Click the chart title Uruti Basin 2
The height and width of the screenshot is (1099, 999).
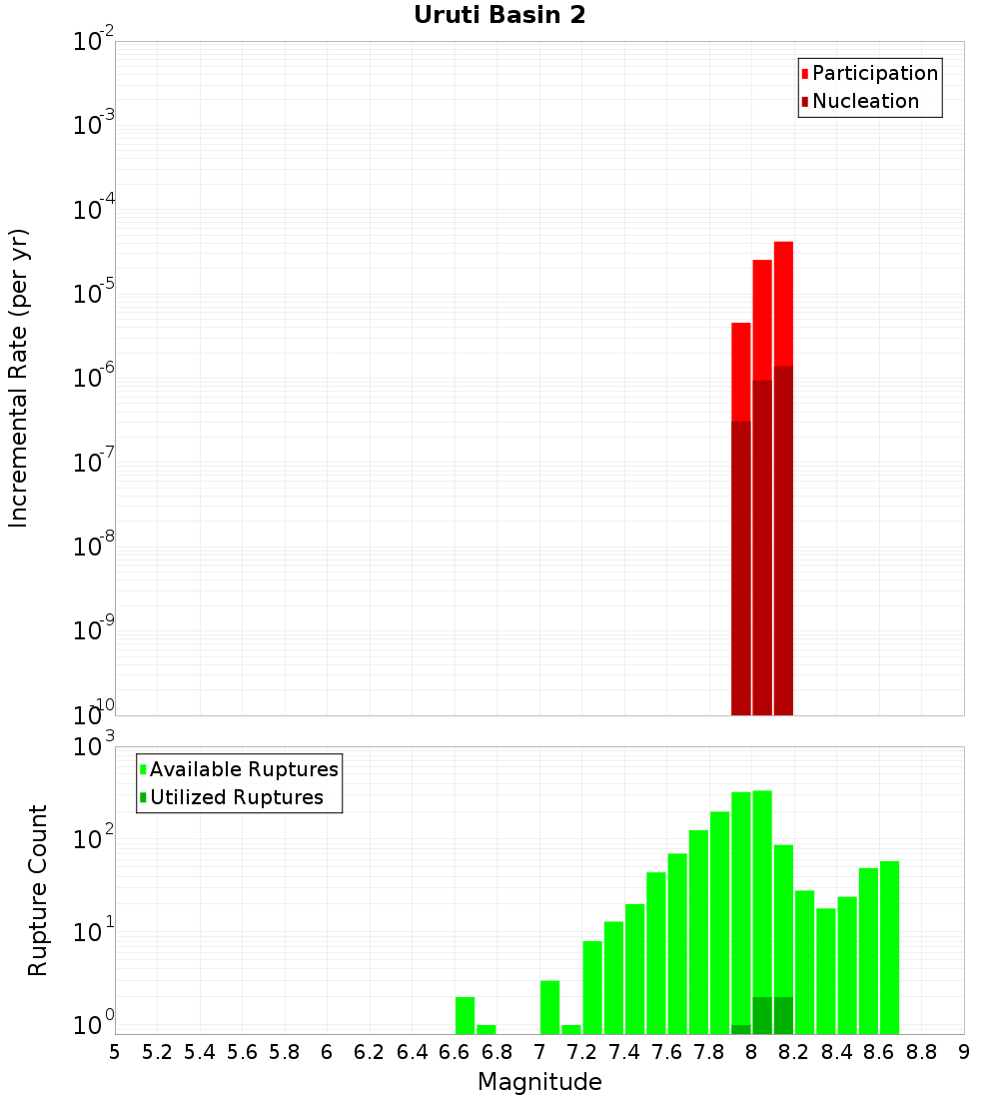(499, 15)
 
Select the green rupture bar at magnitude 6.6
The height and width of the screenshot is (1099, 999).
(465, 1015)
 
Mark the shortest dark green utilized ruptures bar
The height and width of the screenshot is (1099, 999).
(740, 1029)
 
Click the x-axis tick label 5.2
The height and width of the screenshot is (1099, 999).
(157, 1052)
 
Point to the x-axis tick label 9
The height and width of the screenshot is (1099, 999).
(964, 1052)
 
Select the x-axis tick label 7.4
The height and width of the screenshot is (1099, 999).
(624, 1052)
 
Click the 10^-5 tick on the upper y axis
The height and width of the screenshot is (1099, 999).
(92, 294)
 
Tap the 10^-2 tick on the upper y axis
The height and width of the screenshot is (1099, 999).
(92, 42)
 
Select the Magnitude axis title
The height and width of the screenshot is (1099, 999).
(539, 1082)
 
